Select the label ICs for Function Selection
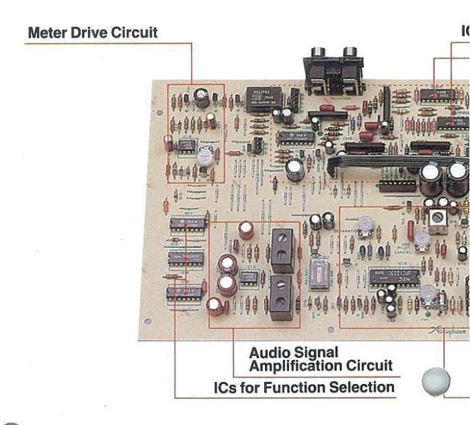click(304, 388)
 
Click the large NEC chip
click(394, 278)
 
